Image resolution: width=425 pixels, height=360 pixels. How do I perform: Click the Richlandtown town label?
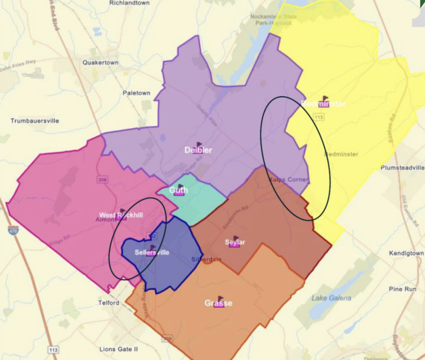click(129, 3)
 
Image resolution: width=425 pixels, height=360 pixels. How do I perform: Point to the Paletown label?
click(136, 93)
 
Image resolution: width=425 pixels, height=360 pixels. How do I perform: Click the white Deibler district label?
click(198, 150)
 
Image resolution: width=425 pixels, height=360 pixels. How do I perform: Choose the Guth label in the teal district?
click(179, 191)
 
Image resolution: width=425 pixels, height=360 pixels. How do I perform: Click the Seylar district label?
click(235, 242)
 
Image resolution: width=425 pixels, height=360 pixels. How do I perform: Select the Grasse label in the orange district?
click(219, 303)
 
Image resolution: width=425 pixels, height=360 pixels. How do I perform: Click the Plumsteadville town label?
click(402, 167)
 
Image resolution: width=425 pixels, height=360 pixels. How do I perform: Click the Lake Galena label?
click(331, 298)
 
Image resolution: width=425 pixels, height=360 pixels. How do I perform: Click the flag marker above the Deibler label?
click(199, 145)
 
